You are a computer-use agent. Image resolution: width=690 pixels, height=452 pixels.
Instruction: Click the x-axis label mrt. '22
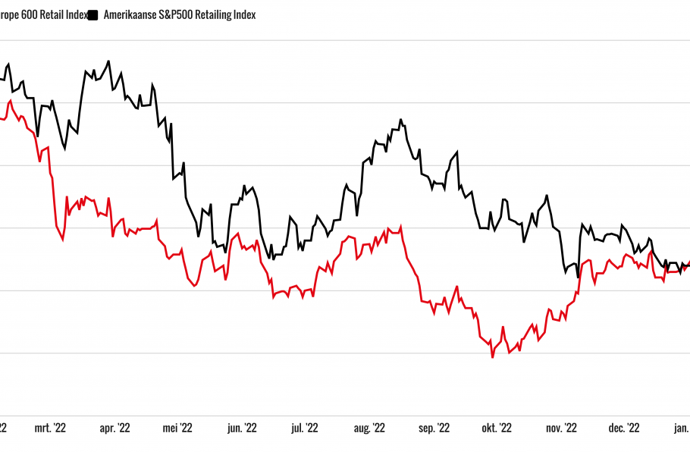tap(51, 428)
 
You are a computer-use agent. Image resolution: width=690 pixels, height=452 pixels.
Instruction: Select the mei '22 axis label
tap(178, 428)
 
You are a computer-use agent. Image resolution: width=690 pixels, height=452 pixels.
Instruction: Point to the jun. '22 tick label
tap(242, 428)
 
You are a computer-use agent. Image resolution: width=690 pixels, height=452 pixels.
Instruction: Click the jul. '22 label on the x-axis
tap(305, 428)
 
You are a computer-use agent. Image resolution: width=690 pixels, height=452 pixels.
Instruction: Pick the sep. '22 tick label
tap(434, 428)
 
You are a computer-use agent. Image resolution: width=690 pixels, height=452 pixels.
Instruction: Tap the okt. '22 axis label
tap(497, 428)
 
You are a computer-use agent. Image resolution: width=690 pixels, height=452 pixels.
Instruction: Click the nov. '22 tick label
tap(561, 428)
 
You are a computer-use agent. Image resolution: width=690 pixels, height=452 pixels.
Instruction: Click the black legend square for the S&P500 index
tap(93, 15)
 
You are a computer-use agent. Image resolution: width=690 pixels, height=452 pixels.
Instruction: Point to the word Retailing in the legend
tap(216, 15)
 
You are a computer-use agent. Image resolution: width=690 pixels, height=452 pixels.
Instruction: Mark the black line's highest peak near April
tap(109, 61)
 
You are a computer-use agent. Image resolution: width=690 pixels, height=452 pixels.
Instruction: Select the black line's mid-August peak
tap(400, 119)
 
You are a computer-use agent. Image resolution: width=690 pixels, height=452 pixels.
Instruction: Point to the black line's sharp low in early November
tap(578, 278)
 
